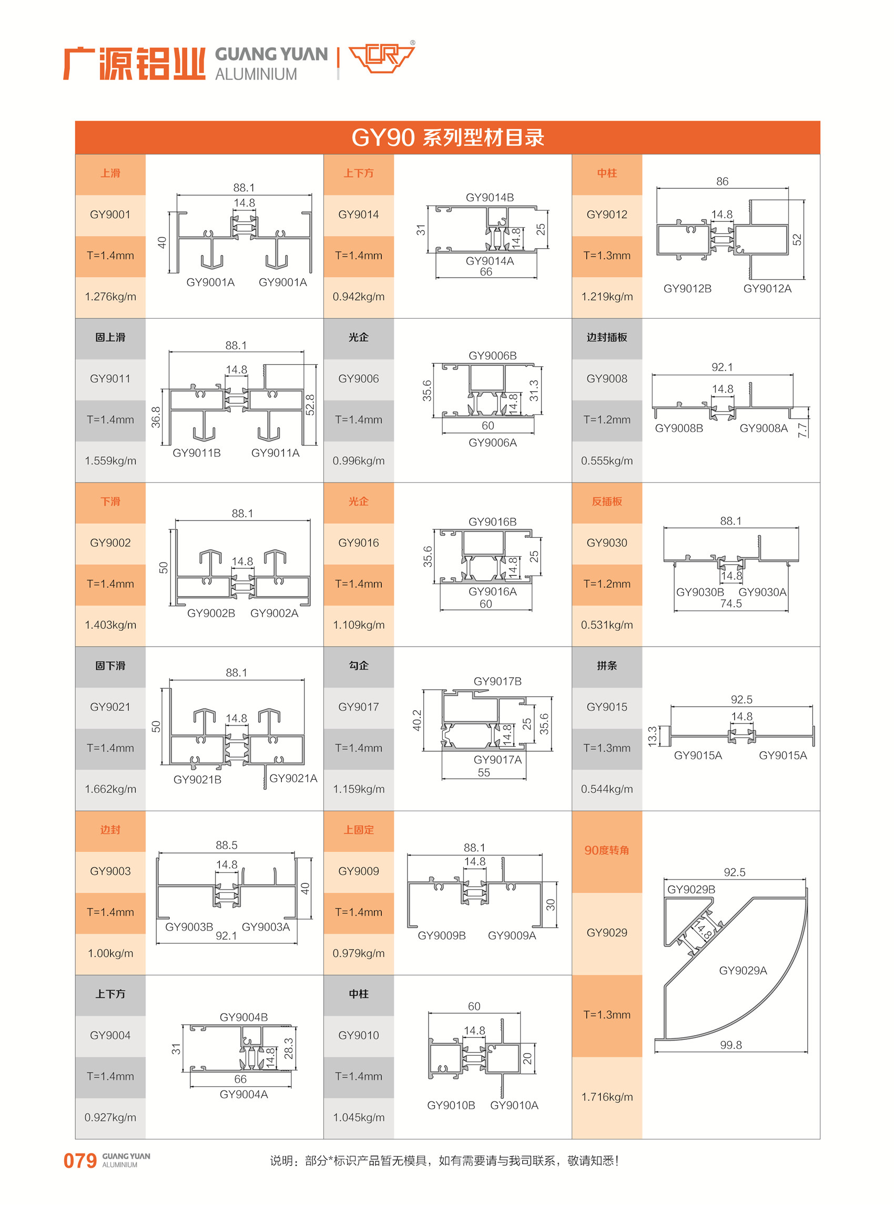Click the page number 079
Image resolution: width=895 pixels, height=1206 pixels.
79,1160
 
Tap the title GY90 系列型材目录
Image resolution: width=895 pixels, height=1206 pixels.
447,138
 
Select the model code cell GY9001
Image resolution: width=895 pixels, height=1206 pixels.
110,214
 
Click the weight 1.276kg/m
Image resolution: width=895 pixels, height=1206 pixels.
110,297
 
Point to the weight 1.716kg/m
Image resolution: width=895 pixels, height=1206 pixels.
607,1097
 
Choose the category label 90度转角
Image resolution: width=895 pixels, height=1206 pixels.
607,850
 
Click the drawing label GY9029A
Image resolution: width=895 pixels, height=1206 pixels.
743,970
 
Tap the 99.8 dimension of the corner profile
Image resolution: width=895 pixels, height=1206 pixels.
731,1045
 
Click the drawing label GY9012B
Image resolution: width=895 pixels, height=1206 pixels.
687,289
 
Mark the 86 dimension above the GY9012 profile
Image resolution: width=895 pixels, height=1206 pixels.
722,181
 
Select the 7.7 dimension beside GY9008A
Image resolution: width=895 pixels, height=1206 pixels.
802,430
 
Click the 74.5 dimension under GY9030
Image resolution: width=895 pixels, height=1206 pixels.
731,604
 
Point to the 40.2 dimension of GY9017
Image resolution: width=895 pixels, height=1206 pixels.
416,720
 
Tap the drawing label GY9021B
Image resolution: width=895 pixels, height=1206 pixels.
197,779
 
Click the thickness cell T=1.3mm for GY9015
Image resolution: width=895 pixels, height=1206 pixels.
607,748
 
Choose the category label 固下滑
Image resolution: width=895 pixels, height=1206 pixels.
110,666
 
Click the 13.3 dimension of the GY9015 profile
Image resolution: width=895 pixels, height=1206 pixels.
652,737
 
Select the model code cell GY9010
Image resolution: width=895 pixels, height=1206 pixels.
358,1036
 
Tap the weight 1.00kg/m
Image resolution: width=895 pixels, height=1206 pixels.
110,953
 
